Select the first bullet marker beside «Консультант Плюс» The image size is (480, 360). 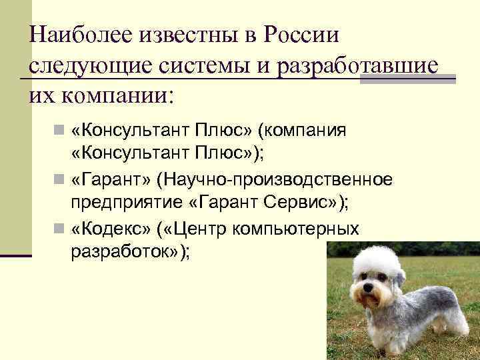(x=61, y=130)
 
